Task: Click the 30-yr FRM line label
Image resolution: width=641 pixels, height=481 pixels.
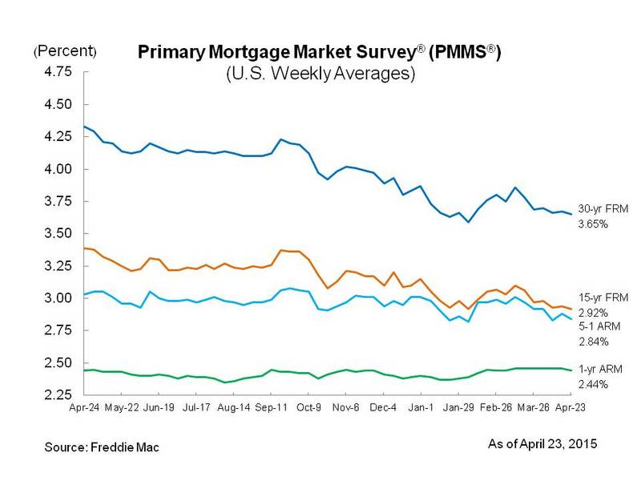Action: tap(600, 208)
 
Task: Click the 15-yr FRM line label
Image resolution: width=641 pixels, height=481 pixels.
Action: tap(600, 297)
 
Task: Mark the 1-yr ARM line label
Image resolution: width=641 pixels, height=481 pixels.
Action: tap(598, 370)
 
